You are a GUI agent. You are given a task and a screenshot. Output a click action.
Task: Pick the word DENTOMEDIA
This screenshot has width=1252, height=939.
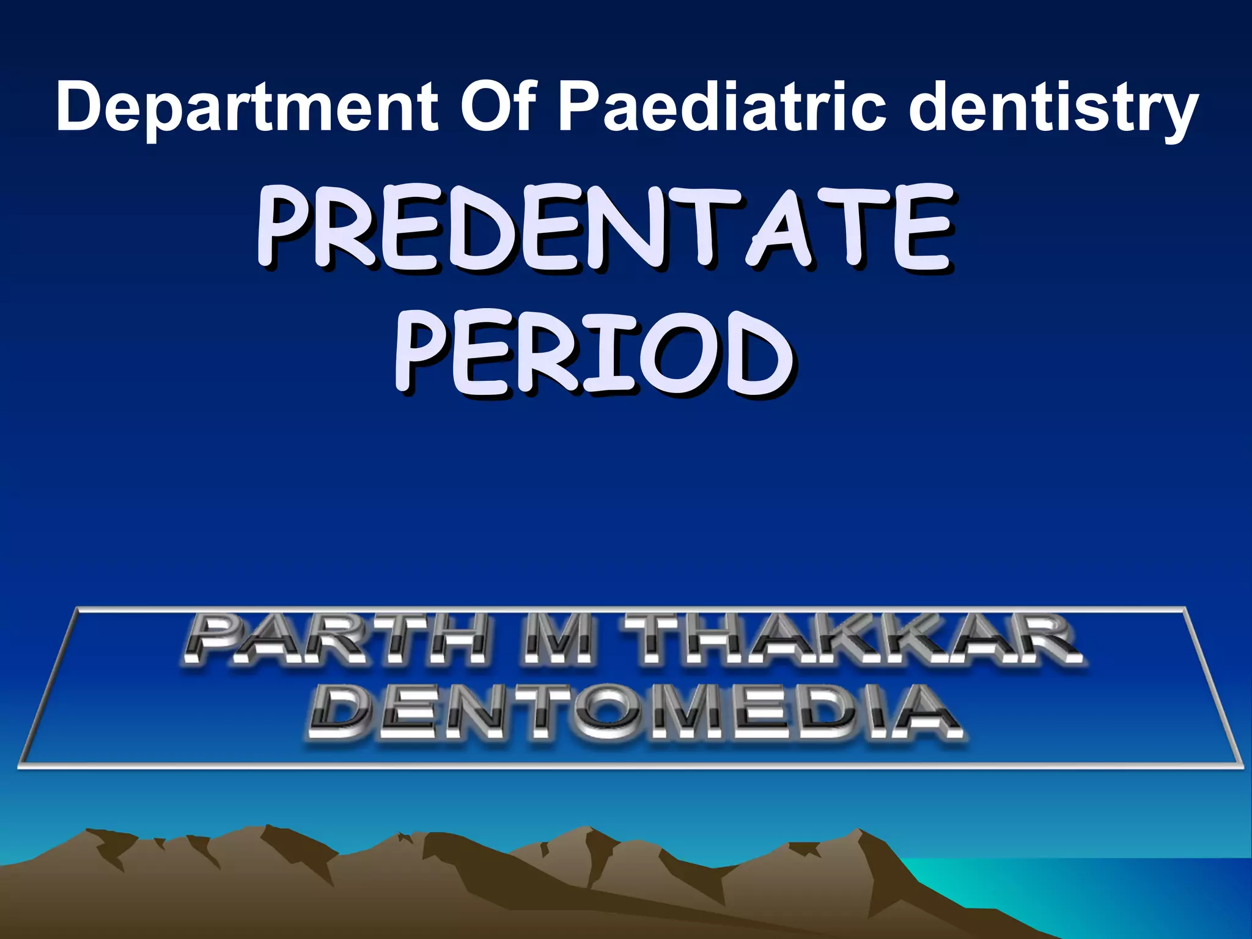click(636, 713)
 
